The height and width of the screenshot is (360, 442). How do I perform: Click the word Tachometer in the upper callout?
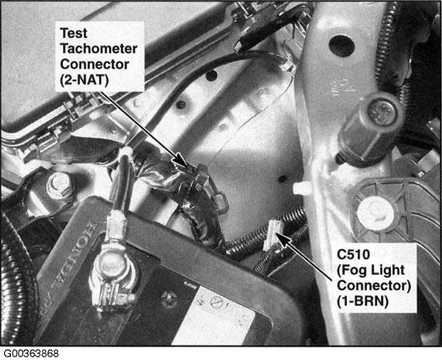coord(99,48)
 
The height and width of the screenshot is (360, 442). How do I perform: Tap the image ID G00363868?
coord(31,353)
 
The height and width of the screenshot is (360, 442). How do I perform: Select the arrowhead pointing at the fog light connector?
coord(285,239)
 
